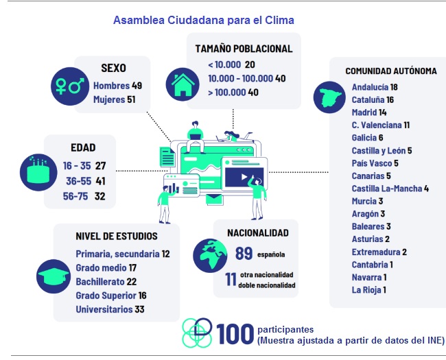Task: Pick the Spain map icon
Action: click(329, 98)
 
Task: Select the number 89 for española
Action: click(244, 253)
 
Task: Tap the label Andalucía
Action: click(370, 87)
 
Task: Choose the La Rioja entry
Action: click(366, 289)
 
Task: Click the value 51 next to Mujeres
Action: click(131, 100)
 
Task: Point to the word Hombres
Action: click(110, 86)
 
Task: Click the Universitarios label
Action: click(104, 309)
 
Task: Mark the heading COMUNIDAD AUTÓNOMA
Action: click(390, 71)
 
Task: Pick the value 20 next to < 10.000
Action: click(250, 64)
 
